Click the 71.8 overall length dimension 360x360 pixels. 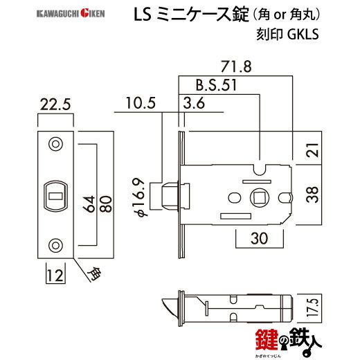(x=231, y=66)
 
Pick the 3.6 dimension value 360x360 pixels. (x=194, y=104)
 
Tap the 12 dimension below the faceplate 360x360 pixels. (x=55, y=276)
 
